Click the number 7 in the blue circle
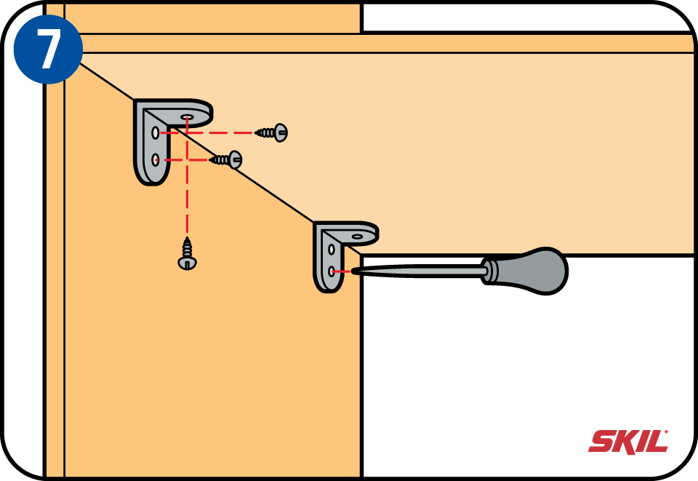48,49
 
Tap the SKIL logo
627,441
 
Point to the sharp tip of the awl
353,271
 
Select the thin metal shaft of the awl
422,271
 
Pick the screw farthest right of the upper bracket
273,132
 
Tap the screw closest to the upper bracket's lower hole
227,159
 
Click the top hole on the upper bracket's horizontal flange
188,116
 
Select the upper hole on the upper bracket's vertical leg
156,133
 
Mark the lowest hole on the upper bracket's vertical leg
156,159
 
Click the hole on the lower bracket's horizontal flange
358,236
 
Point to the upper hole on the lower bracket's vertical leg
332,250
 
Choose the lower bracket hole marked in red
332,271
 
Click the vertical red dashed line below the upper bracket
188,196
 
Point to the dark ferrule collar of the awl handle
492,271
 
